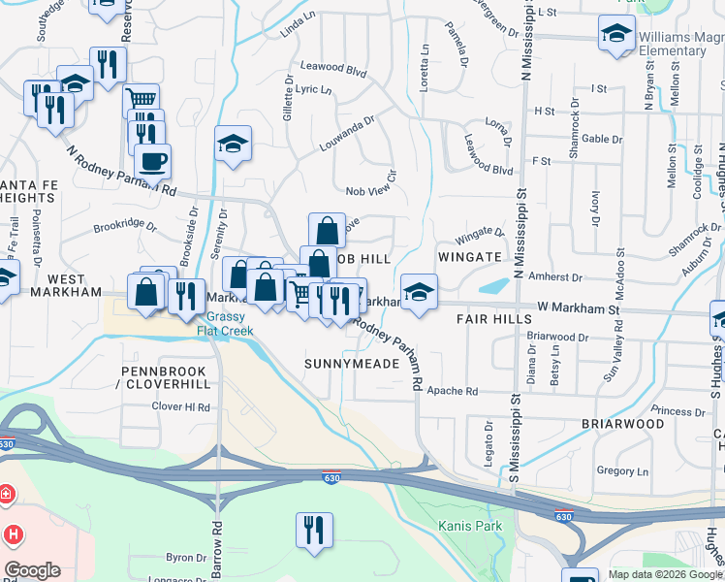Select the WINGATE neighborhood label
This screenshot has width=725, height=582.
470,257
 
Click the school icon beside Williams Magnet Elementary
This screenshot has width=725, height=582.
616,34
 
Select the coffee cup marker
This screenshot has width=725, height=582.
153,160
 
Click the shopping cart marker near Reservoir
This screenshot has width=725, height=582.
142,99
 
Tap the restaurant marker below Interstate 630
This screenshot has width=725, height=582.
314,530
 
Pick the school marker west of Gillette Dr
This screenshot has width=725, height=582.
233,145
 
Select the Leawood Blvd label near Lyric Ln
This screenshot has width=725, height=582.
333,71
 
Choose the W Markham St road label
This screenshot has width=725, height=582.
578,307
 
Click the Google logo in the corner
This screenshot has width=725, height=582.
32,570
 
